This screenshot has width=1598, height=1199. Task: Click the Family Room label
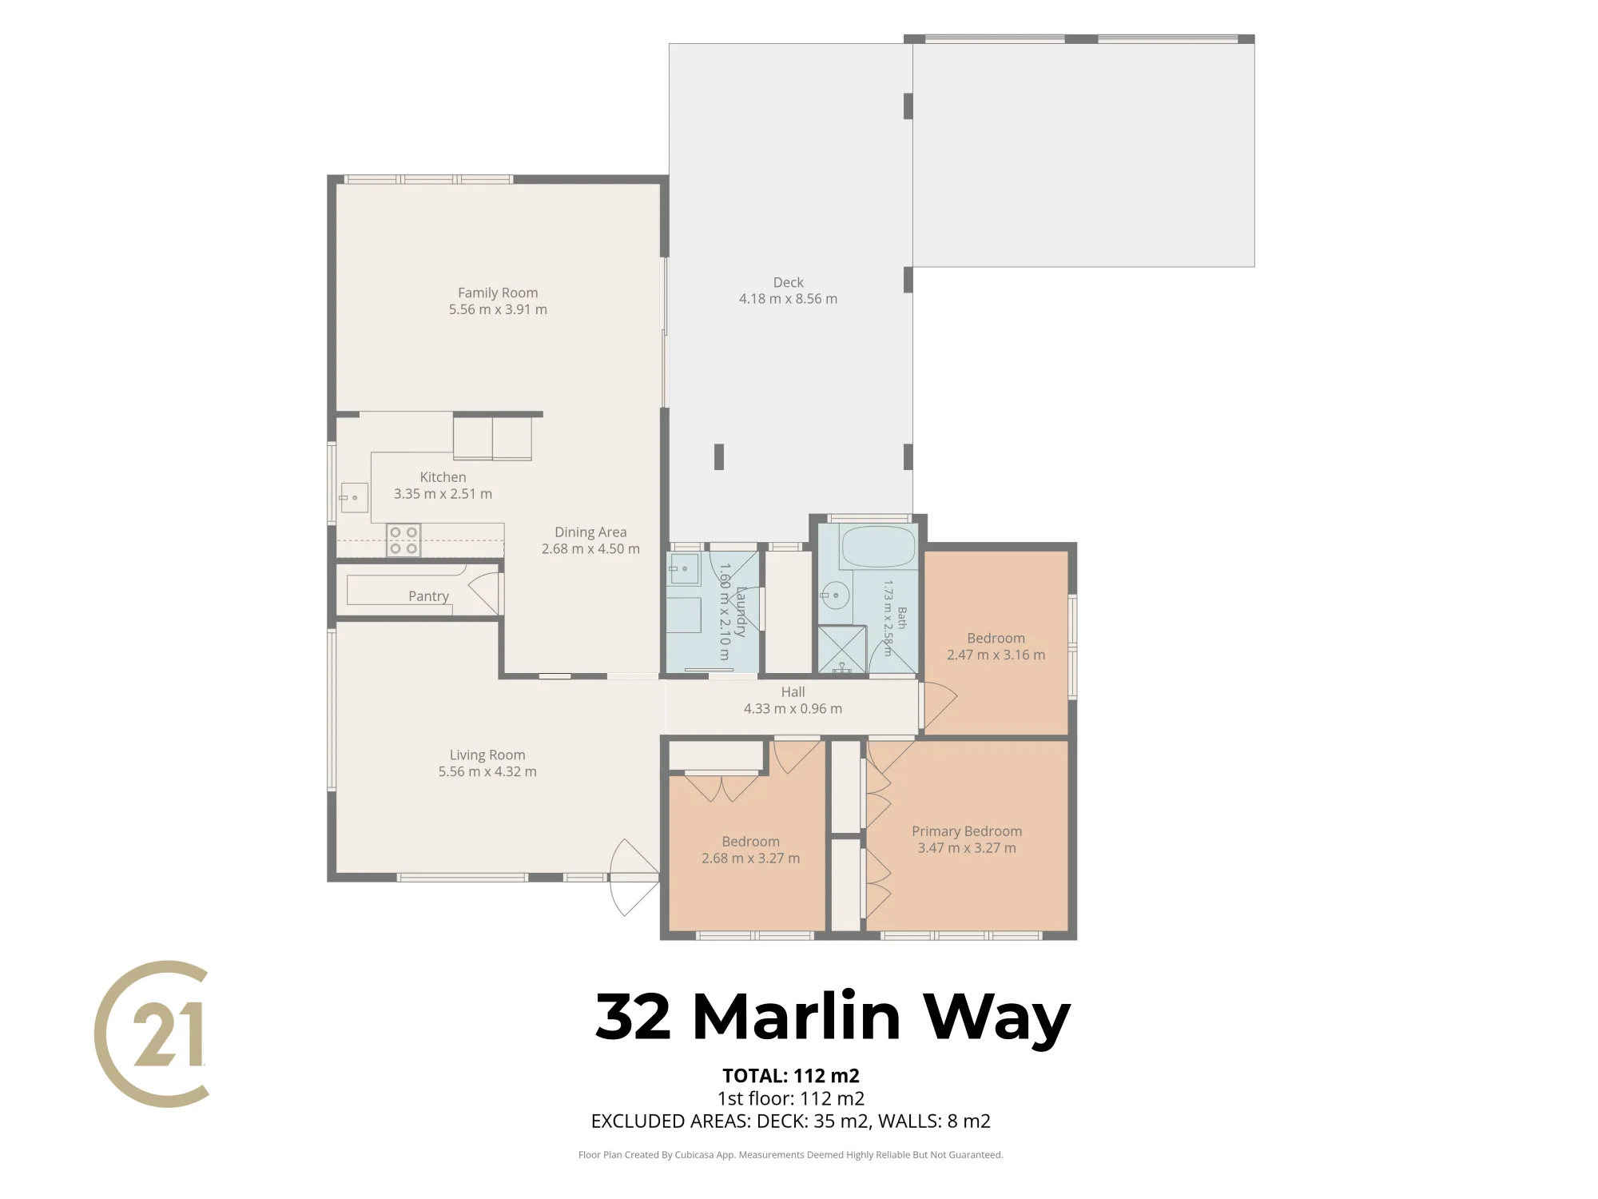[x=498, y=293]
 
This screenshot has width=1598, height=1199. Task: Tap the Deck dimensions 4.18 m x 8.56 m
[x=788, y=299]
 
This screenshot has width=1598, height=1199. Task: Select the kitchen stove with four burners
[x=403, y=540]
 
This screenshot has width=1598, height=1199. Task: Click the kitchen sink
[x=353, y=497]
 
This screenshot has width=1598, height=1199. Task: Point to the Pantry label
[x=428, y=596]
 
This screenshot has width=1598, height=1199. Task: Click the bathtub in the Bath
[x=877, y=547]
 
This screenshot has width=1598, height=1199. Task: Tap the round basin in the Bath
[x=836, y=596]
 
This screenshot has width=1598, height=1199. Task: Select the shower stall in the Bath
[x=842, y=649]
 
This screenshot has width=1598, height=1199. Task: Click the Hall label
[x=793, y=692]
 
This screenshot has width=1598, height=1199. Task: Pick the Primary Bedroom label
[x=967, y=831]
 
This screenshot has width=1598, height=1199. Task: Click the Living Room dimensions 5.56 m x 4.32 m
[x=487, y=771]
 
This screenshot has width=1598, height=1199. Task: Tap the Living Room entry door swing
[x=634, y=877]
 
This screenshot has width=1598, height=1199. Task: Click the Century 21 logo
[x=153, y=1034]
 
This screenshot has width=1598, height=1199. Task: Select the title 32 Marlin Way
[x=833, y=1018]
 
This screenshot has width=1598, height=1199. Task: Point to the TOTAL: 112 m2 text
[x=791, y=1076]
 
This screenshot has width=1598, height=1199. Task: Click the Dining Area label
[x=590, y=532]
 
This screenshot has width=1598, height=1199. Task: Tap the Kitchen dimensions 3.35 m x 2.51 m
[x=443, y=494]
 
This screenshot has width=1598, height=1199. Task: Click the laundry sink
[x=683, y=569]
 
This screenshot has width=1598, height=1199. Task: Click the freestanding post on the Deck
[x=719, y=457]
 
